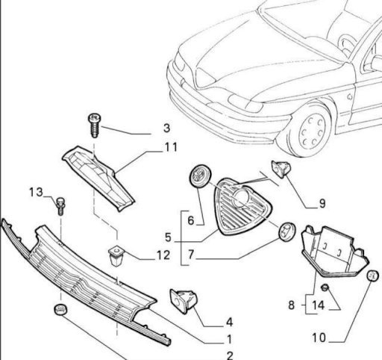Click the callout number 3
pos(167,128)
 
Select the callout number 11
pos(171,147)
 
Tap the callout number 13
pos(36,192)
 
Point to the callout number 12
pos(163,255)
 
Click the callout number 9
pos(322,204)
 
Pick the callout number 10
pos(319,338)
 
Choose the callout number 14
pos(319,305)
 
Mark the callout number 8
pos(292,305)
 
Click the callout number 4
pos(229,322)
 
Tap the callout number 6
pos(191,220)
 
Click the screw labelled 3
pos(95,125)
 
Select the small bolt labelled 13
pos(60,206)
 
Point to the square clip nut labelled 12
pos(116,255)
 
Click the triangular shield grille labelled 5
pos(242,206)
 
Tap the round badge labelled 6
pos(200,176)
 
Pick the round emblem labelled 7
pos(287,232)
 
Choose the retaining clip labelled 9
pos(281,169)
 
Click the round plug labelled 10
pos(372,276)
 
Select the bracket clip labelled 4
pos(184,301)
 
